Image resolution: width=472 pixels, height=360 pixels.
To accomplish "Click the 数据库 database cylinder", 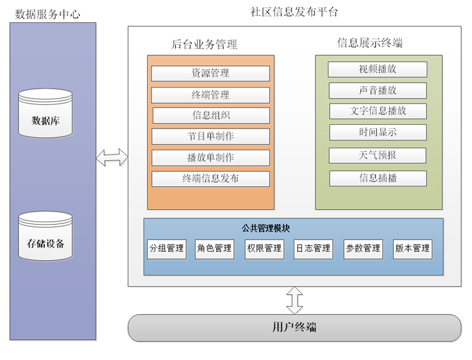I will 45,114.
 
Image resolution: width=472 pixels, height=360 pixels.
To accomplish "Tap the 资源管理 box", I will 211,73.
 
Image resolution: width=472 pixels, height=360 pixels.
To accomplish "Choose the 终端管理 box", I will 211,95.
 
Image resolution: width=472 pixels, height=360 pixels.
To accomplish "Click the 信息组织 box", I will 211,115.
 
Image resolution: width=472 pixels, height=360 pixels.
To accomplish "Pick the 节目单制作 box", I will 211,137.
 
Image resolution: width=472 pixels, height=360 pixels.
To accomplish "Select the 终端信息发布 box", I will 211,179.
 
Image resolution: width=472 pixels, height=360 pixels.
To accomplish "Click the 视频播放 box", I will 378,70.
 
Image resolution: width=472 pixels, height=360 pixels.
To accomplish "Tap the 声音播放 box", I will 378,91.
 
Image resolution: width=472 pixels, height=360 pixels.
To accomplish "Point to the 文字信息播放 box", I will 378,111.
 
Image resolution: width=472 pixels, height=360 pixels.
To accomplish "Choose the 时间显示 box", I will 378,132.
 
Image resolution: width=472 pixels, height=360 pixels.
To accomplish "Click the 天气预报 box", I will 378,155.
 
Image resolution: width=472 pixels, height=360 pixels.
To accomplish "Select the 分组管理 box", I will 166,249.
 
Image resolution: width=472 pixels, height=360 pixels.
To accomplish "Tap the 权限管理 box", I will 264,249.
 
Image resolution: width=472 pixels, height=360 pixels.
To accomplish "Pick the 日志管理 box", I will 313,249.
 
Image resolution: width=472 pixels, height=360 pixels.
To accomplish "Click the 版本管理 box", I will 412,249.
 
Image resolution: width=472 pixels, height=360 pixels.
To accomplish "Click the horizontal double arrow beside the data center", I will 112,158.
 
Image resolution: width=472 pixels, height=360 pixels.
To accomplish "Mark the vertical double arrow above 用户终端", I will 294,300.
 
